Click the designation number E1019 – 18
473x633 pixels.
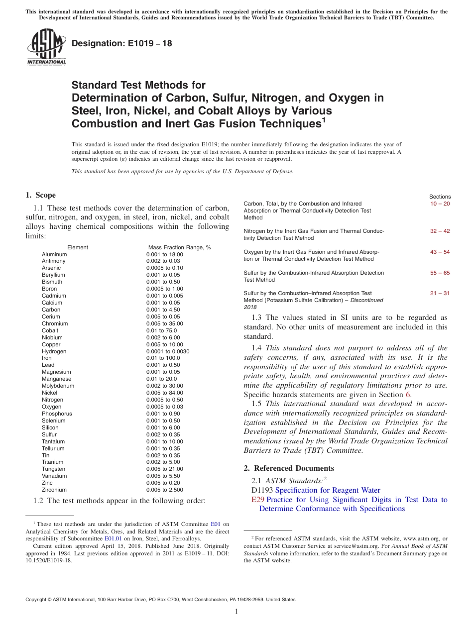(x=122, y=43)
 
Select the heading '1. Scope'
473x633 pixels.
(x=40, y=195)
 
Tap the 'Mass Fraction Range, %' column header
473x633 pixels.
(x=179, y=247)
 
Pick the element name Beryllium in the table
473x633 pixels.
(x=53, y=275)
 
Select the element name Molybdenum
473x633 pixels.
(x=58, y=386)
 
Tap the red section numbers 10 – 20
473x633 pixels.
(x=440, y=204)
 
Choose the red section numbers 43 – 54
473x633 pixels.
(x=440, y=252)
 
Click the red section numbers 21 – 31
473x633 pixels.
(x=440, y=293)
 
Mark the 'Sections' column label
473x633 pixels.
(x=440, y=197)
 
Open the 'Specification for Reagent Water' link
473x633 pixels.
(x=328, y=490)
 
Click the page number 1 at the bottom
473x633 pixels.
(x=236, y=612)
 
